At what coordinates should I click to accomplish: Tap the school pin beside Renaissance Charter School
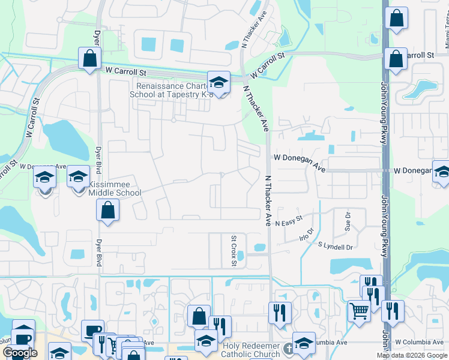coord(219,83)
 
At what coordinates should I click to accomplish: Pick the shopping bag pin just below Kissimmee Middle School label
coord(107,211)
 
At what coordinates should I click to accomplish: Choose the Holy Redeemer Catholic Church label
coord(252,350)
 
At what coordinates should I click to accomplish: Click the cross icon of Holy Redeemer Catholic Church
coord(288,348)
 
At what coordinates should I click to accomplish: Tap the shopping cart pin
coord(359,310)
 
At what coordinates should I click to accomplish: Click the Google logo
coord(20,353)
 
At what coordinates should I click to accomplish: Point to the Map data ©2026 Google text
coord(411,355)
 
